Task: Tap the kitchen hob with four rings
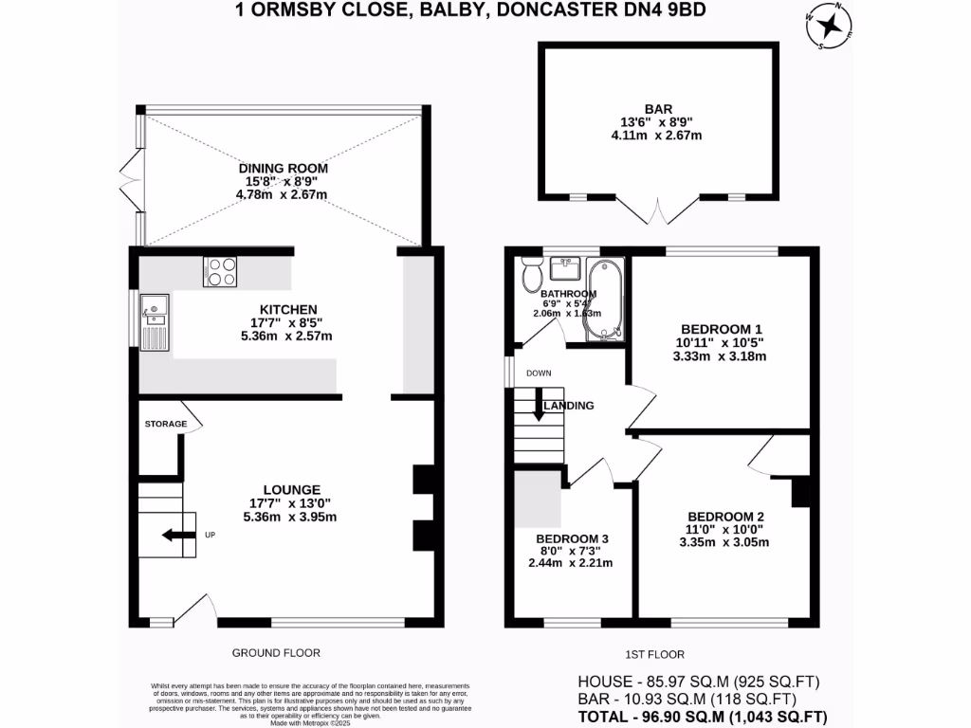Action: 219,272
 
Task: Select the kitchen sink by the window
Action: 155,321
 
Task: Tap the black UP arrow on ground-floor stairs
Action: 174,536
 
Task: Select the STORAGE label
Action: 165,424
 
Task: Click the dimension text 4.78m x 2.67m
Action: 282,195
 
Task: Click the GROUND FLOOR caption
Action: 276,652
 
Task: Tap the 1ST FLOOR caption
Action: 656,654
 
